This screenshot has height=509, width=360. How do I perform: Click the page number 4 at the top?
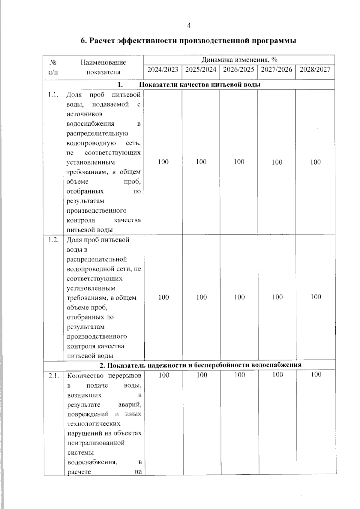click(x=189, y=26)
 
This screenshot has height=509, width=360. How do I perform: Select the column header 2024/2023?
click(x=163, y=70)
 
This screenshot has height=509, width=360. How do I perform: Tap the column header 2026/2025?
click(x=239, y=70)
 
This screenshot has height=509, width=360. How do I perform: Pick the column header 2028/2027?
click(x=315, y=70)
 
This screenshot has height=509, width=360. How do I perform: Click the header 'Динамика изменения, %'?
click(x=239, y=59)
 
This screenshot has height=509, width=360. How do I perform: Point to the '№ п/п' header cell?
click(x=53, y=67)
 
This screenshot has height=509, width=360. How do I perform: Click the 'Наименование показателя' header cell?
click(x=103, y=67)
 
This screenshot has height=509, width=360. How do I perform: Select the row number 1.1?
click(x=53, y=95)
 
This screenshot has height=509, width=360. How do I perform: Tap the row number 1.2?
click(x=53, y=240)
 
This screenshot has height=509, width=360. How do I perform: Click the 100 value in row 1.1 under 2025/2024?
click(x=201, y=162)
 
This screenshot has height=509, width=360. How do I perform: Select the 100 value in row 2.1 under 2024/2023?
click(x=164, y=375)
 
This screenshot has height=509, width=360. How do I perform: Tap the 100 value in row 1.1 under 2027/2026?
click(x=277, y=162)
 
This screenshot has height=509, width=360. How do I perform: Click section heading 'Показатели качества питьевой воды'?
click(x=200, y=85)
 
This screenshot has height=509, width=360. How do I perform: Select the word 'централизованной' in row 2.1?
click(x=96, y=443)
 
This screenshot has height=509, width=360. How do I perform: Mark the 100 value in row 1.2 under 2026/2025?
click(x=239, y=297)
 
